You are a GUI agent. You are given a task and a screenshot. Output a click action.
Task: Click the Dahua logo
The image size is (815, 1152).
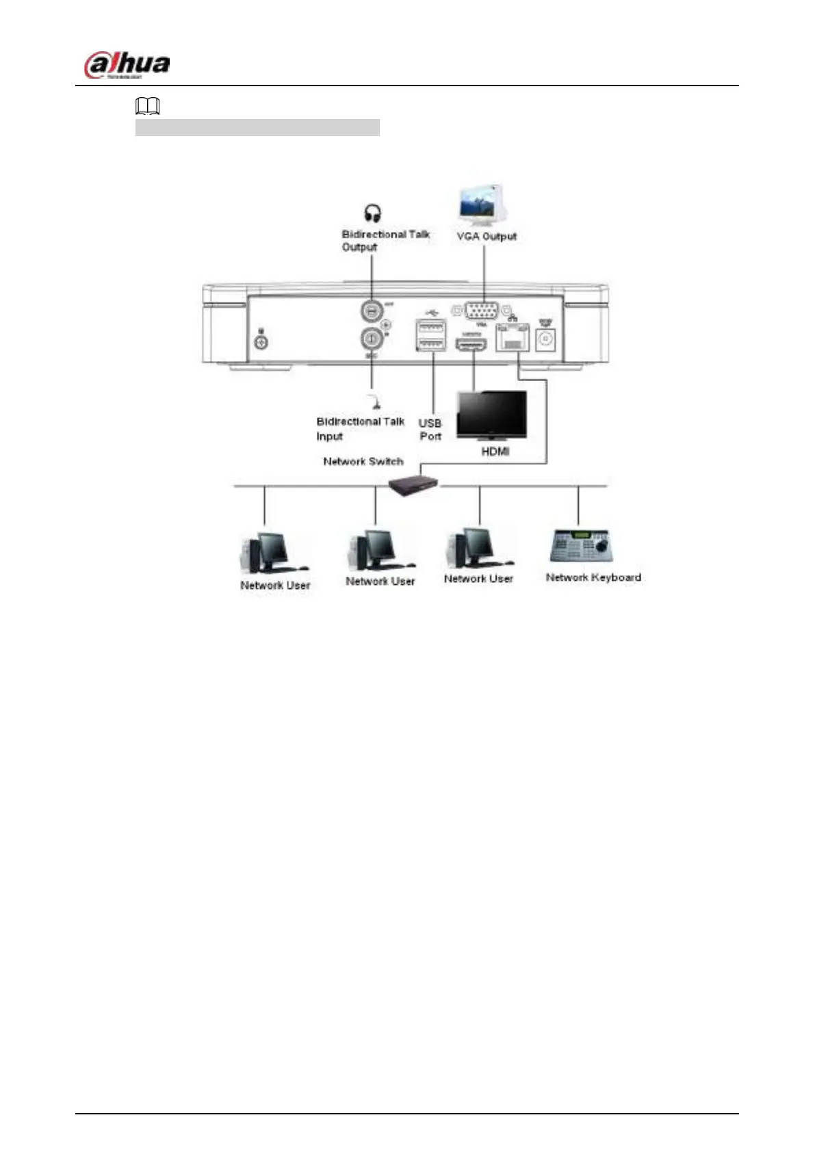(127, 66)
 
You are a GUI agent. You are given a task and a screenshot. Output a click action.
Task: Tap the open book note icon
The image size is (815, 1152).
(148, 106)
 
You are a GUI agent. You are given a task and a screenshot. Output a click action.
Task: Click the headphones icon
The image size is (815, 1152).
(372, 213)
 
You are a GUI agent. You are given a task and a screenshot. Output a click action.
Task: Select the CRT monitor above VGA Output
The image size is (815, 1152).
(483, 203)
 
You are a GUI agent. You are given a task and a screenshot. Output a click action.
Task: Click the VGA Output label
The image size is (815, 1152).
(487, 237)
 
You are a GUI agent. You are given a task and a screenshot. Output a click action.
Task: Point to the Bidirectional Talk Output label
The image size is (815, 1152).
(385, 240)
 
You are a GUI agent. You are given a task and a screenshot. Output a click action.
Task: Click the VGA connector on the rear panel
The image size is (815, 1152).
(481, 311)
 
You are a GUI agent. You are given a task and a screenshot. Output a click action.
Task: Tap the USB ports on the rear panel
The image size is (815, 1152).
(431, 335)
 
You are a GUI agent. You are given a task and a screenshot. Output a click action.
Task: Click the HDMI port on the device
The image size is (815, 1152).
(471, 344)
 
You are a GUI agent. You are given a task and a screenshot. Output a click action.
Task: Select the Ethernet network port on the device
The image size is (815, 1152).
(513, 337)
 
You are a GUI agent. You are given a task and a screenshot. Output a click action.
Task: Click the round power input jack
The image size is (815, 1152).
(545, 339)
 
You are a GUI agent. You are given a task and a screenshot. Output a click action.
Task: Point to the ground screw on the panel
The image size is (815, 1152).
(261, 341)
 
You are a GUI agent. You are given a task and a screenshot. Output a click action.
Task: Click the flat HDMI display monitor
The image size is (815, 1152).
(491, 415)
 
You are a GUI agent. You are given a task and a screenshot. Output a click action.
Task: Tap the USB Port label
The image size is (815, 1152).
(430, 430)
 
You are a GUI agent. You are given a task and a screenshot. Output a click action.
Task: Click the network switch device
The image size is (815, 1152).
(413, 484)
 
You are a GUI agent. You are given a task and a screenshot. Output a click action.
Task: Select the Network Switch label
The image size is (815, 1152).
(363, 462)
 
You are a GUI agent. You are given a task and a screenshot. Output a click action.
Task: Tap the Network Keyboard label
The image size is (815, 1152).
(593, 577)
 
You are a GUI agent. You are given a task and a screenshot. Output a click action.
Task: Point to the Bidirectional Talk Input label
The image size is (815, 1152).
(360, 429)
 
